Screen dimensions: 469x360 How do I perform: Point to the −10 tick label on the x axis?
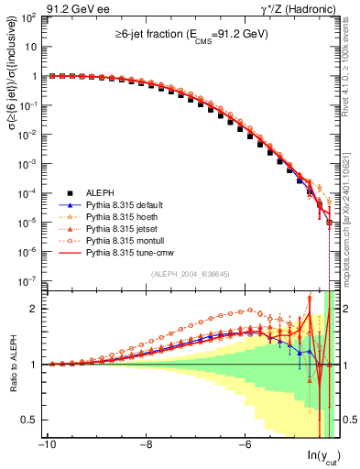pos(47,447)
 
